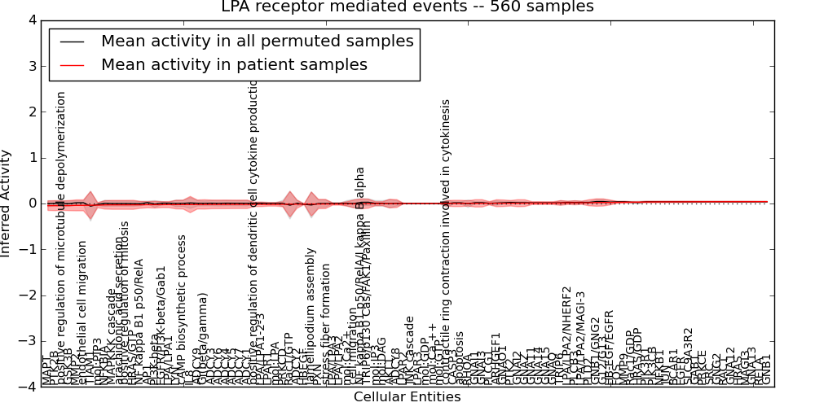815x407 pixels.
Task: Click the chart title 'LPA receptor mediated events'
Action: click(407, 7)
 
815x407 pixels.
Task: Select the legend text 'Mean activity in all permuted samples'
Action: click(257, 41)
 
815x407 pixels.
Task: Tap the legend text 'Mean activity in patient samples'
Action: click(234, 64)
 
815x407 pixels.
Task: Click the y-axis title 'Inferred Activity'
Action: click(7, 203)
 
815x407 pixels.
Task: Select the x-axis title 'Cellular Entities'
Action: click(407, 397)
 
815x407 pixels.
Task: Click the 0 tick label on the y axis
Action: click(33, 203)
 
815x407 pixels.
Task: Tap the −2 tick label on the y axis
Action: click(29, 295)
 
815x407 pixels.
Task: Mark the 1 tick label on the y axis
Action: click(33, 158)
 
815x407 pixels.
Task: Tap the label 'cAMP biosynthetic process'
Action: click(183, 310)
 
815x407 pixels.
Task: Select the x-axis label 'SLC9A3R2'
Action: click(689, 356)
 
